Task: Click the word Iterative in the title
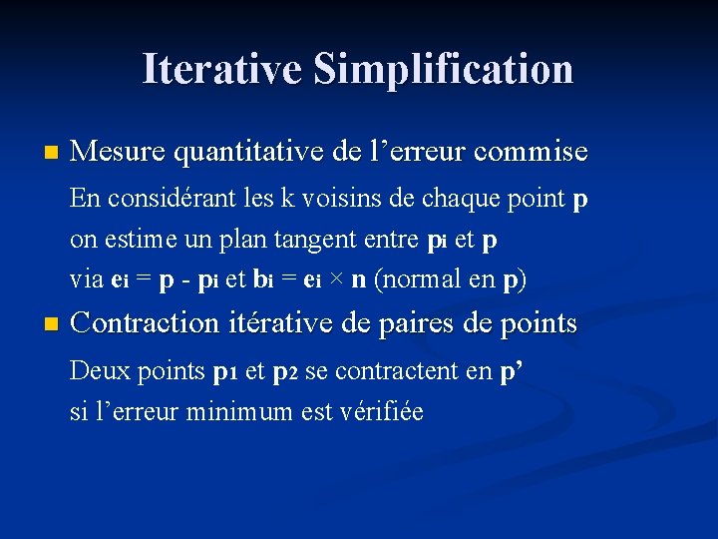221,69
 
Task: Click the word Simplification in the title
443,69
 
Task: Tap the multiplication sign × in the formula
336,278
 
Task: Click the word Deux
94,372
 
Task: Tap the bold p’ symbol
508,373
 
